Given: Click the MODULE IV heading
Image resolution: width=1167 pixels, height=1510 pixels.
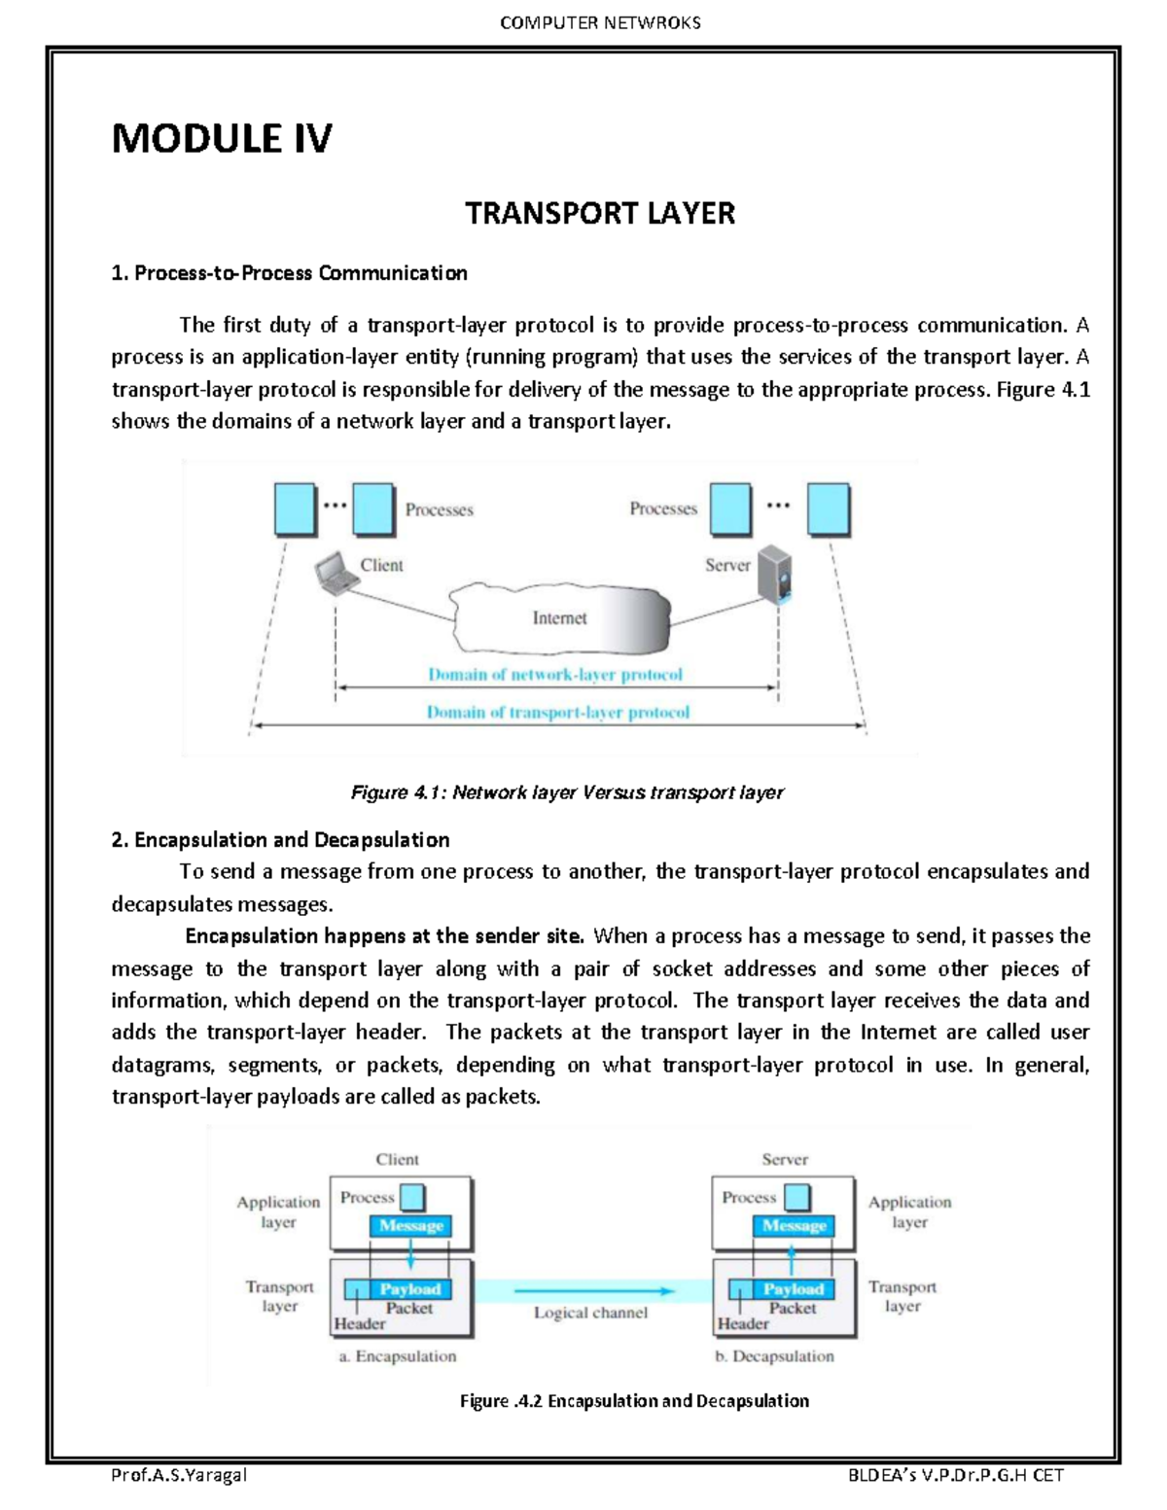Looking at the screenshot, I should point(222,138).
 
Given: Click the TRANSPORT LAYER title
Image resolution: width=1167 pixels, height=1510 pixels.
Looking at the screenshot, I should point(600,213).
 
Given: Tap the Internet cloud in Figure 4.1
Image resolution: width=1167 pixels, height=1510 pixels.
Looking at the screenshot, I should point(560,618).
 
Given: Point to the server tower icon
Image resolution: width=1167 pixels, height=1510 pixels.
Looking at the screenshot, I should point(774,574).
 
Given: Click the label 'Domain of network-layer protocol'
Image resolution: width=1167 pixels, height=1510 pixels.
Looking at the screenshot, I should point(555,674).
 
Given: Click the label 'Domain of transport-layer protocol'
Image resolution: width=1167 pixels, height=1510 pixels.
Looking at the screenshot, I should point(558,712).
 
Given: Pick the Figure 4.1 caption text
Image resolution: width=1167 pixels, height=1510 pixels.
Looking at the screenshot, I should point(567,792).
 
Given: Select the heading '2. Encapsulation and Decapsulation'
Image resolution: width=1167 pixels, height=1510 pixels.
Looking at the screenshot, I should point(280,839).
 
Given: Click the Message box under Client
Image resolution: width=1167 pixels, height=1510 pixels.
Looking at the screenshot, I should point(410,1225).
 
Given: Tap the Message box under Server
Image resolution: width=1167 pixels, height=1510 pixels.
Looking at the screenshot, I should point(794,1225).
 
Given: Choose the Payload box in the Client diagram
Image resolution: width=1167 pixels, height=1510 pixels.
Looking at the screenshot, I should point(409,1289).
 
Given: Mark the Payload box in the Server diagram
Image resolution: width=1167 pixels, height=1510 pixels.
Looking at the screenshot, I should point(793,1289).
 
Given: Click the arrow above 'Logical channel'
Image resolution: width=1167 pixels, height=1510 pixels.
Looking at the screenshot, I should point(593,1291).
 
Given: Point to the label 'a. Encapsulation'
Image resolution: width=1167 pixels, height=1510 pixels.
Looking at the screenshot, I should point(397,1355).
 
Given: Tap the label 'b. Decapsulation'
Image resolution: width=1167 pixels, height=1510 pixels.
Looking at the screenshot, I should point(774,1355).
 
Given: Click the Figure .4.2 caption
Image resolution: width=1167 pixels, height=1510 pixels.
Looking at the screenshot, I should point(634,1400).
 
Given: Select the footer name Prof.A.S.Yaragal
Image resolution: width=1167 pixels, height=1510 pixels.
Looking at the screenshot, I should point(179,1475).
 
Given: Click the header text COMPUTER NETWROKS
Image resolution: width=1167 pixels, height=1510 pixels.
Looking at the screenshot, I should point(600,22).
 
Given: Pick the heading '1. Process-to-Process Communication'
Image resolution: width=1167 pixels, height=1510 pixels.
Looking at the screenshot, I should point(289,273).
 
